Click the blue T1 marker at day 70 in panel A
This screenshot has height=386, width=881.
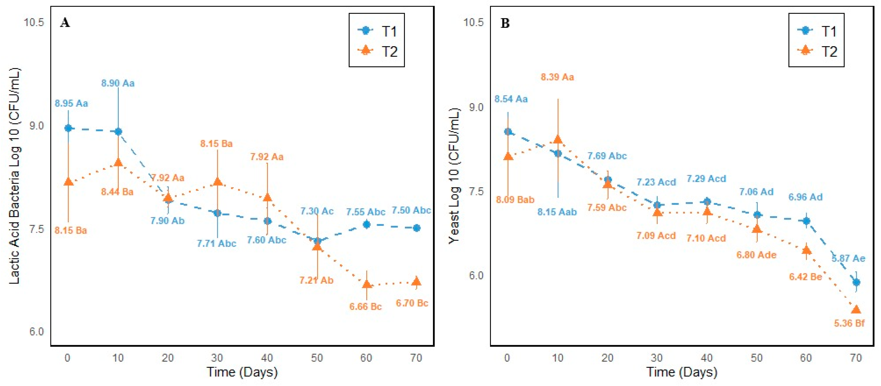[x=416, y=228]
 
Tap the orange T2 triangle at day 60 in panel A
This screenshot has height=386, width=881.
[x=367, y=284]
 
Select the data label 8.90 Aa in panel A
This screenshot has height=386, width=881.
[x=118, y=83]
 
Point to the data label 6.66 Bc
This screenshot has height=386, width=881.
[x=365, y=306]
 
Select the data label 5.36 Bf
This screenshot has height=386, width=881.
[x=849, y=323]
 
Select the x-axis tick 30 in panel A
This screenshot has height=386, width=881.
[x=217, y=358]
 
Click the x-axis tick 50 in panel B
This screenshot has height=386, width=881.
[x=756, y=358]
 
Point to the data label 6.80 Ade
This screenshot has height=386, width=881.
[x=756, y=255]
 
